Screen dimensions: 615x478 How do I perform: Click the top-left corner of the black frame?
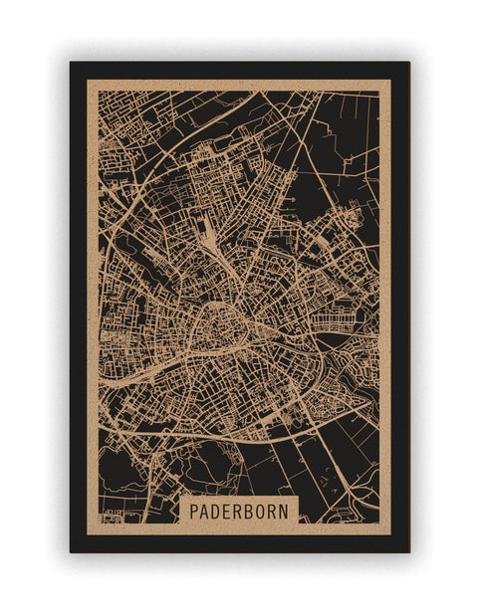[x=71, y=63]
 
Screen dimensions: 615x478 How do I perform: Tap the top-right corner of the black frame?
[x=408, y=63]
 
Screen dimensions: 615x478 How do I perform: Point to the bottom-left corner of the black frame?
[x=71, y=551]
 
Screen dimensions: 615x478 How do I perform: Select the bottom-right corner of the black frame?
[x=408, y=551]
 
